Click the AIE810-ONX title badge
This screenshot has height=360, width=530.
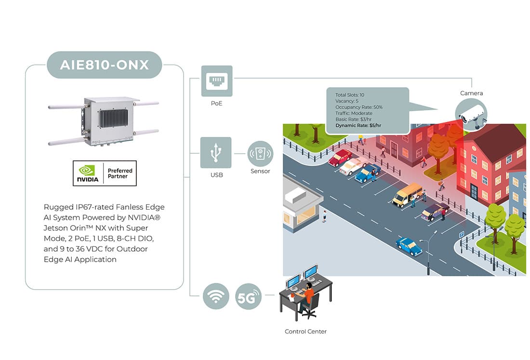104,65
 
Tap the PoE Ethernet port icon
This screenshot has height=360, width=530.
217,81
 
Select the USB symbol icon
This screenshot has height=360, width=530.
216,152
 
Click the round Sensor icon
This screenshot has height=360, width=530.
260,154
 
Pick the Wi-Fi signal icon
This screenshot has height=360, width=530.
216,296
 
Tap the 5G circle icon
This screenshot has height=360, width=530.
249,296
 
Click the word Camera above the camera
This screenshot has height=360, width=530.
471,93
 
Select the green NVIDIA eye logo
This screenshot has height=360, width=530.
87,170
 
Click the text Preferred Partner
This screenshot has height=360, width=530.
120,173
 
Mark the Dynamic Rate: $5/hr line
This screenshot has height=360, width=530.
358,125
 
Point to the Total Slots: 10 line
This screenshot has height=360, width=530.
350,95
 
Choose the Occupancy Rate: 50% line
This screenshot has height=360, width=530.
359,107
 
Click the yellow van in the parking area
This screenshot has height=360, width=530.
407,195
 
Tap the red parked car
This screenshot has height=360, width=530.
340,158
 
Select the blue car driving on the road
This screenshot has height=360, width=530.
409,246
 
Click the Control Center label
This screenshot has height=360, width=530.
305,332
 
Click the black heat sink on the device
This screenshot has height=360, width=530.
114,118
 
